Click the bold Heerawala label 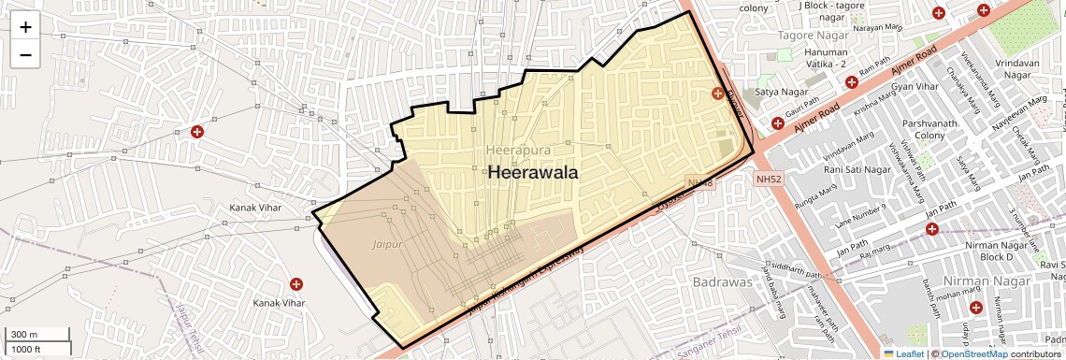click(x=533, y=172)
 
